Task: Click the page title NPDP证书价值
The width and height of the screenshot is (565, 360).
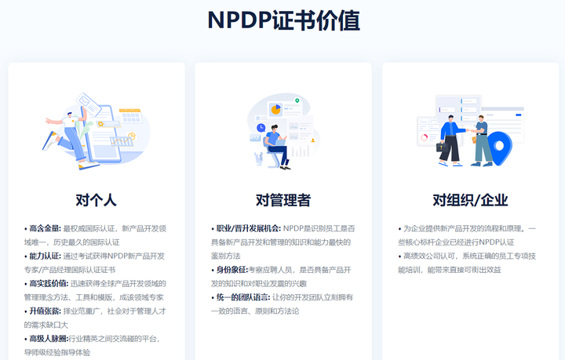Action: coord(283,20)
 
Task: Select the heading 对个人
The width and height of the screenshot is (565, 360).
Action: coord(96,200)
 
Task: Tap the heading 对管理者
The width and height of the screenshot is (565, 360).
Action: coord(282,200)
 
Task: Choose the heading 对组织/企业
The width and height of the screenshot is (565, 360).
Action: coord(470,200)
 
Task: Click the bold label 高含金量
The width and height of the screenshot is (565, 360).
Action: coord(45,228)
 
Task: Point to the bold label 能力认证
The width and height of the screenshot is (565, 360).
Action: coord(45,256)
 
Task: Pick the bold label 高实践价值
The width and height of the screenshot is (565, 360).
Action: coord(48,283)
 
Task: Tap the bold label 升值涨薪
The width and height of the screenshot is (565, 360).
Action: coord(45,311)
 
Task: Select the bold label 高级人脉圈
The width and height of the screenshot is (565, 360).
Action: coord(48,339)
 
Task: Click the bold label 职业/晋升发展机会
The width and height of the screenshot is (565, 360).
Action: coord(248,228)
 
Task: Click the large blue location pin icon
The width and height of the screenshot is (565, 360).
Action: coord(500,145)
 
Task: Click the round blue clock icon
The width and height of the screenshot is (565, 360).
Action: coord(260,127)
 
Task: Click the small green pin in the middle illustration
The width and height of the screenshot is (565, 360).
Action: coord(297,101)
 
